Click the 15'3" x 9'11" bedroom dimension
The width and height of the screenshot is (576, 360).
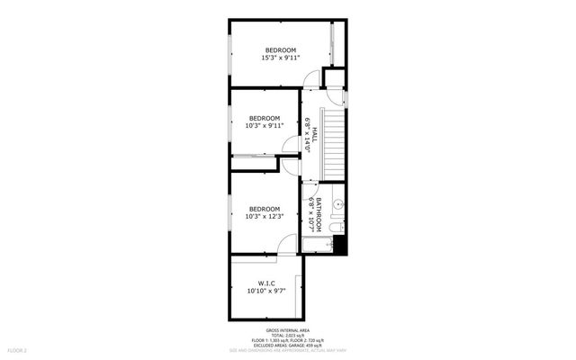tap(280, 58)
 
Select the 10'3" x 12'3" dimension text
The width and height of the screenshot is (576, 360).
tap(265, 217)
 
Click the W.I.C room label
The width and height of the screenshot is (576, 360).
tap(265, 283)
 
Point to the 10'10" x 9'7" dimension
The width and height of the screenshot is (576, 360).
tap(265, 292)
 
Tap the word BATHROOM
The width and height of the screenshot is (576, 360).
tap(319, 214)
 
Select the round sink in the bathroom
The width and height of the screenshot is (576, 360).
tap(338, 205)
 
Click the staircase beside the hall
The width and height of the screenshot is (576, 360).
tap(334, 143)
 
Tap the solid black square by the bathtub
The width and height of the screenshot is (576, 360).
tap(340, 244)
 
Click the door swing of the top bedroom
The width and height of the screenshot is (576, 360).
tap(309, 78)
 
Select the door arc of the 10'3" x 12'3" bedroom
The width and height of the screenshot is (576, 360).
tap(288, 241)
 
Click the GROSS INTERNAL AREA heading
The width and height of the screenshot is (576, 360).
tap(288, 330)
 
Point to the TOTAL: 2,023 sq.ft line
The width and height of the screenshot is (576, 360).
tap(288, 336)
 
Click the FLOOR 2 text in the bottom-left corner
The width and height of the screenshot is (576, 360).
tap(18, 349)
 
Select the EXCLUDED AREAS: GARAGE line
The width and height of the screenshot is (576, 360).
tap(288, 346)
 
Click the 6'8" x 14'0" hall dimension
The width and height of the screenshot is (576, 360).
tap(307, 135)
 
